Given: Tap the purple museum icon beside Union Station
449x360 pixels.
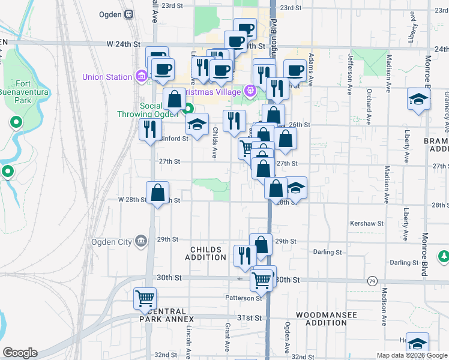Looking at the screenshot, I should [x=141, y=77].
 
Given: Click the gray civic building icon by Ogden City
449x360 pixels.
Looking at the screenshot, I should [x=141, y=242].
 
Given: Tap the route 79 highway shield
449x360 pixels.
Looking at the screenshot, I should [x=372, y=281].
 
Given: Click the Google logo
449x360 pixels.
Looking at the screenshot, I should [x=20, y=353].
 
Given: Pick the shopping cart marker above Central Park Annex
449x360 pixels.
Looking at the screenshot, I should [x=145, y=298].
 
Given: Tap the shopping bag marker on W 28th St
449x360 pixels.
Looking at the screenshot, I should [x=157, y=193].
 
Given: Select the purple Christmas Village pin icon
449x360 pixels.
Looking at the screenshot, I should [x=250, y=91].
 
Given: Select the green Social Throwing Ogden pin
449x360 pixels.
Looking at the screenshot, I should [x=188, y=109].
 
